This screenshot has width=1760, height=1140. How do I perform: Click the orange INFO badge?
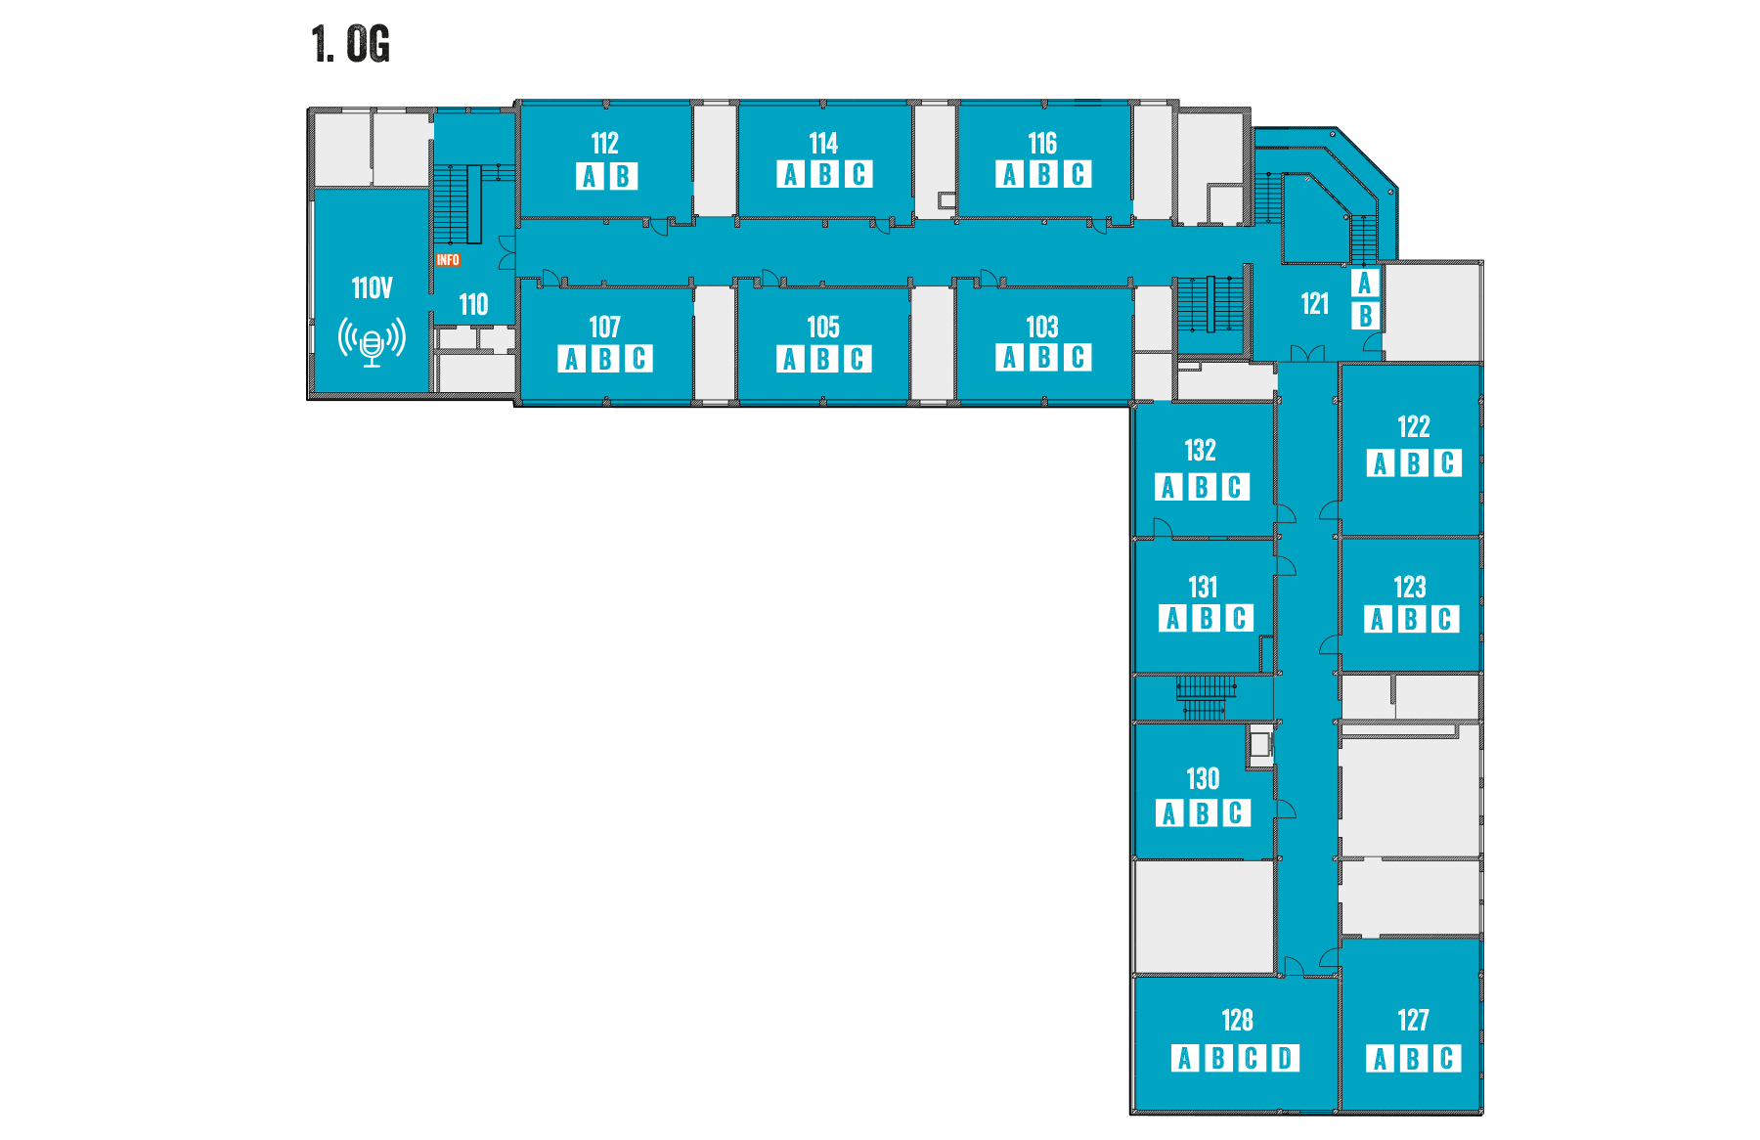tap(448, 260)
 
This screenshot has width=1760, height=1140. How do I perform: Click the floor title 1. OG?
tap(351, 45)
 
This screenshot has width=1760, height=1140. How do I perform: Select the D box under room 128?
tap(1285, 1058)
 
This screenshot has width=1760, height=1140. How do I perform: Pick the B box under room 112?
tap(623, 176)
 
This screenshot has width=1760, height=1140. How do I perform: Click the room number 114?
tap(823, 144)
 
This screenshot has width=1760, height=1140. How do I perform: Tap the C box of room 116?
tap(1078, 174)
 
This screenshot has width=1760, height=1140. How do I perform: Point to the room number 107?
tap(604, 327)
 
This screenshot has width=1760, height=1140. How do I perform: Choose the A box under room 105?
tap(790, 359)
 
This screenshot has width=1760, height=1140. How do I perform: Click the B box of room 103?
tap(1044, 357)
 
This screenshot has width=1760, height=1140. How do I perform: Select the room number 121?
tap(1314, 303)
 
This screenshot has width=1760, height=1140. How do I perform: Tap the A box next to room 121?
tap(1365, 283)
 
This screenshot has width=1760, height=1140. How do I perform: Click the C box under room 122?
tap(1447, 462)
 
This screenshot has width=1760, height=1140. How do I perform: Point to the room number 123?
tap(1410, 587)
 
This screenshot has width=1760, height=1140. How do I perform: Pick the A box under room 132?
tap(1168, 487)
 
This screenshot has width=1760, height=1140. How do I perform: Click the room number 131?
tap(1203, 587)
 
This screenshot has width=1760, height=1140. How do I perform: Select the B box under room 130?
tap(1203, 813)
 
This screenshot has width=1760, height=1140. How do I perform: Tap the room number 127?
tap(1413, 1020)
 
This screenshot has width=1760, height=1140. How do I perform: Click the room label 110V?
tap(372, 287)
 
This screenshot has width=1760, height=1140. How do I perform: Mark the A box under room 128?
tap(1185, 1058)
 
